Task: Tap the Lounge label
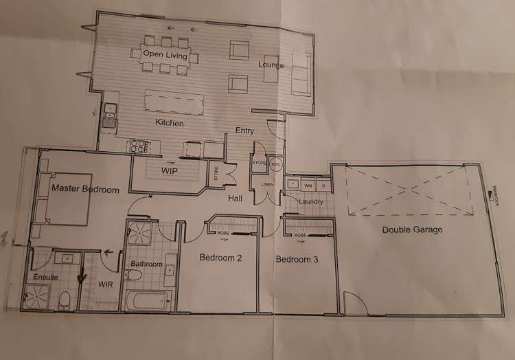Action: pyautogui.click(x=271, y=65)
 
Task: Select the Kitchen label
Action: pyautogui.click(x=170, y=124)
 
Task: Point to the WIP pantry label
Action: pyautogui.click(x=171, y=169)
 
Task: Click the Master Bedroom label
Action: pyautogui.click(x=85, y=189)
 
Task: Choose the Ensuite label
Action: pyautogui.click(x=45, y=277)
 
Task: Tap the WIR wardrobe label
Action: pyautogui.click(x=106, y=282)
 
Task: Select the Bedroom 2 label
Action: pyautogui.click(x=220, y=258)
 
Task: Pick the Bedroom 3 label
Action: pyautogui.click(x=297, y=260)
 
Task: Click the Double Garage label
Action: pyautogui.click(x=412, y=229)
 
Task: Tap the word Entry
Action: pyautogui.click(x=245, y=131)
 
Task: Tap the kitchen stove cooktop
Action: pyautogui.click(x=139, y=146)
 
